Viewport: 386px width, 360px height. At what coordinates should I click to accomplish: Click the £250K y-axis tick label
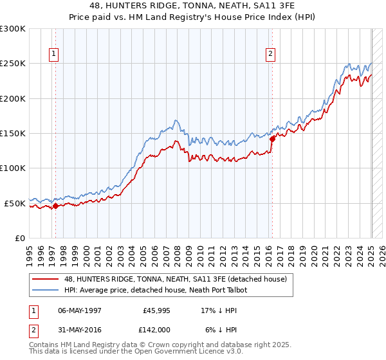[x=13, y=64]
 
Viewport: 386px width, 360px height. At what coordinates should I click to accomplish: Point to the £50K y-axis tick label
[x=15, y=203]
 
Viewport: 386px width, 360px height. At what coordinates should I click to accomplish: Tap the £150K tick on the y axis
[x=13, y=134]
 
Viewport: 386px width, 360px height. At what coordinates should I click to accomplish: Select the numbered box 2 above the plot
[x=271, y=54]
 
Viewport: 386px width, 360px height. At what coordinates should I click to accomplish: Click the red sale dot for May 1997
[x=55, y=206]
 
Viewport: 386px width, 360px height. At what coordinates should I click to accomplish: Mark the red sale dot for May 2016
[x=272, y=138]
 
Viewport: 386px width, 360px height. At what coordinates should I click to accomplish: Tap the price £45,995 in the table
[x=157, y=309]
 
